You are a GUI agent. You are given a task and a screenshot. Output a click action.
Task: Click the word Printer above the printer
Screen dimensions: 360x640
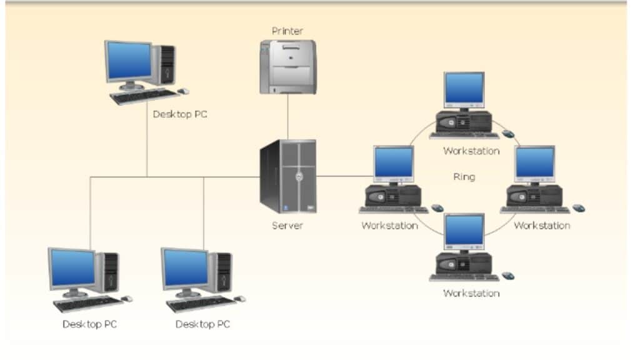click(x=287, y=31)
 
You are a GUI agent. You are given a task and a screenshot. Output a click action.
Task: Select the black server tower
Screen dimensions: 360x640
click(x=287, y=176)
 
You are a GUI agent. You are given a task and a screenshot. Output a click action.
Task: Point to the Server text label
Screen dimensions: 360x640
click(x=287, y=225)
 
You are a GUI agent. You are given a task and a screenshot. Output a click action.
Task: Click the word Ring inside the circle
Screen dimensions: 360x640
click(x=464, y=177)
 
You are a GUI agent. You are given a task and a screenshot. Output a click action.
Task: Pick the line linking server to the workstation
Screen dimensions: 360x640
click(x=344, y=176)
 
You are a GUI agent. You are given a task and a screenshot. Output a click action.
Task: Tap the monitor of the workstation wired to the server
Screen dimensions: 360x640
click(x=394, y=163)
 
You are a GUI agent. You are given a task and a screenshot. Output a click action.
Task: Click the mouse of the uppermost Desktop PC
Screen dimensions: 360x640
click(x=183, y=91)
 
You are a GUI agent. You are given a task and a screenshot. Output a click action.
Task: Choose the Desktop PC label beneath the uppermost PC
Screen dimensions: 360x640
click(x=180, y=114)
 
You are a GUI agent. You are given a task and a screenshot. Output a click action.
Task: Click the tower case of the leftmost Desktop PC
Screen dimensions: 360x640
click(x=109, y=272)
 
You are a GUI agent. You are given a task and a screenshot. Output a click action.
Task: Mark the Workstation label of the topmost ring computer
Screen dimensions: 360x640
click(x=471, y=151)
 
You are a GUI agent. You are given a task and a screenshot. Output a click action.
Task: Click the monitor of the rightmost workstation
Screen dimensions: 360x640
click(x=535, y=162)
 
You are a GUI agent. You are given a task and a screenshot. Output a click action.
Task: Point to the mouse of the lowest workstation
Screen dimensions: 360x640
click(x=508, y=276)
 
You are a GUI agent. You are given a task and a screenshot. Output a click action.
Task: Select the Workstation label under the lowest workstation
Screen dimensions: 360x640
click(x=471, y=292)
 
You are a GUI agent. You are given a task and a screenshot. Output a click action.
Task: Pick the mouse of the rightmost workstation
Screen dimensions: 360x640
click(x=579, y=207)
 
